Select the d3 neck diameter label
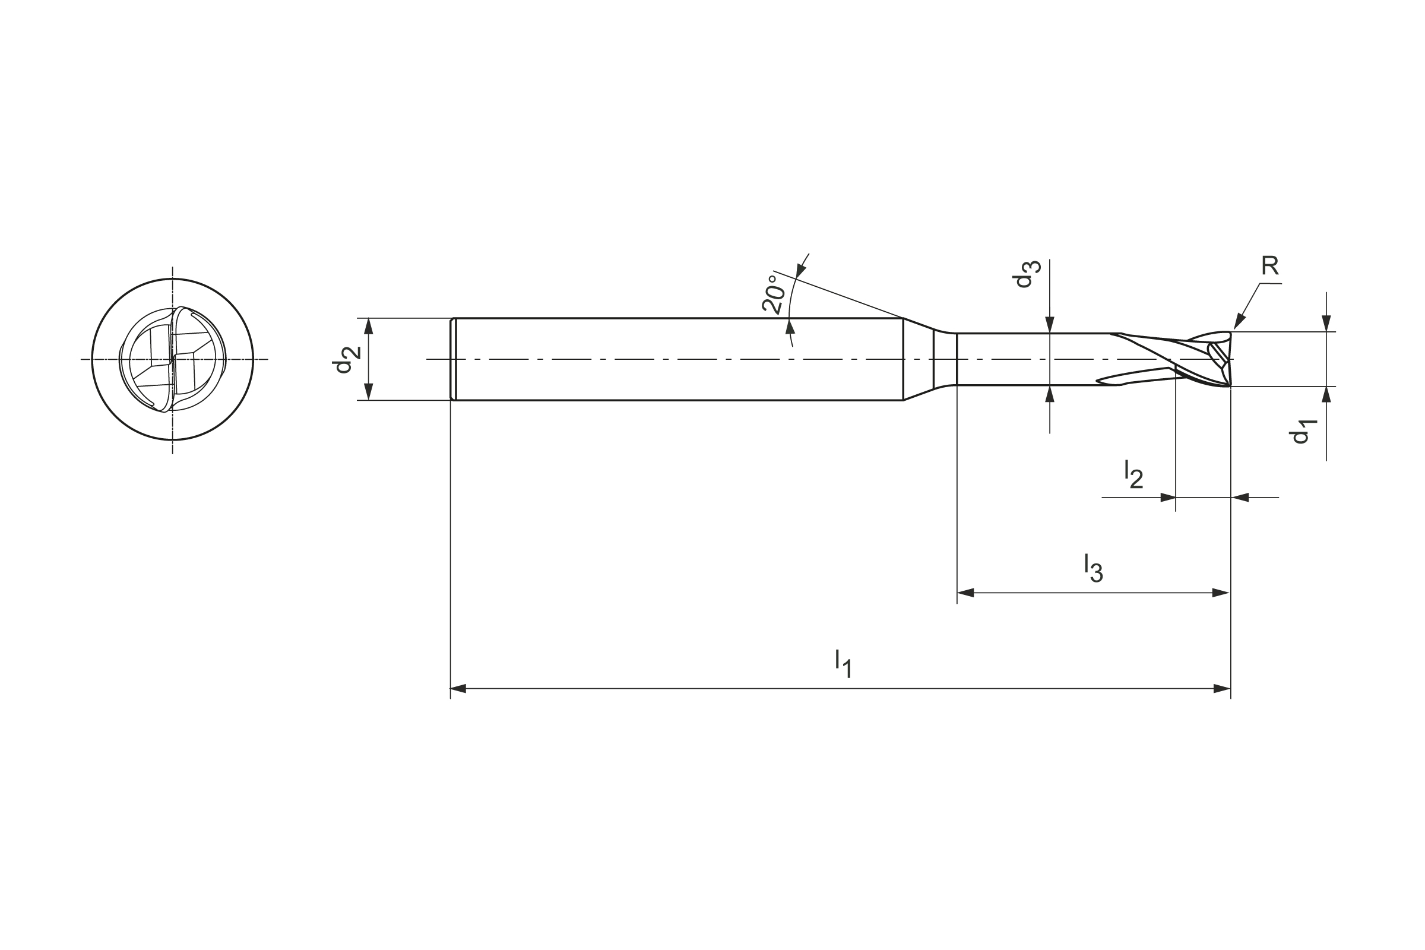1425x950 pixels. coord(1025,274)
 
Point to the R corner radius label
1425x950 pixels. coord(1270,265)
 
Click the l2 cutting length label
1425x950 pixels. coord(1133,474)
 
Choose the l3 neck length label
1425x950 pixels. coord(1093,568)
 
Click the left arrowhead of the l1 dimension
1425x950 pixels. coord(458,688)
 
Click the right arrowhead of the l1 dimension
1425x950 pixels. coord(1222,688)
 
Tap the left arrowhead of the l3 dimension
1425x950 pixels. coord(965,593)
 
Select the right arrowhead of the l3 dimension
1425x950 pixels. coord(1220,593)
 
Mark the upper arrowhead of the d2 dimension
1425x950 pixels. coord(368,326)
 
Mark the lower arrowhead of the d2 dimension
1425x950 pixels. coord(368,392)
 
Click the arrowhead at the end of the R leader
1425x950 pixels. coord(1239,322)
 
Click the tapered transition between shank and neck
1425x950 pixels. coord(919,359)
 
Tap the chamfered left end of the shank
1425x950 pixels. coord(452,359)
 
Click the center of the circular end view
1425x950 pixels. coord(173,359)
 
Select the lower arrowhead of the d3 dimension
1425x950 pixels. coord(1050,394)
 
